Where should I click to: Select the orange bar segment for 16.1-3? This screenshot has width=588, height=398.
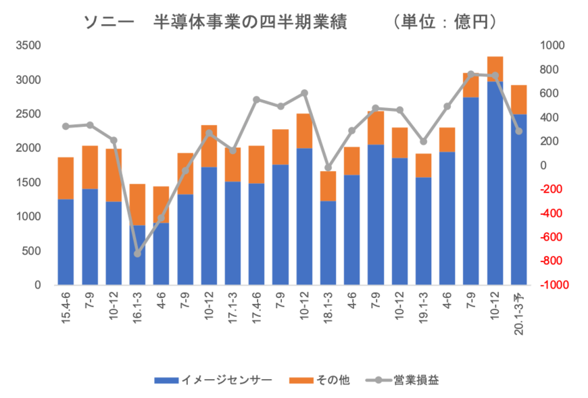point(137,204)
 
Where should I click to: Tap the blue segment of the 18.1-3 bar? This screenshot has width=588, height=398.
point(328,243)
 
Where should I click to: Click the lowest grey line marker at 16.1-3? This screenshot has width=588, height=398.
point(137,253)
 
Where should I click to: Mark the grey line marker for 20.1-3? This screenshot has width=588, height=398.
point(519,131)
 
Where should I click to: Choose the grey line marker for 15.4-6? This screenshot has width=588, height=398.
point(66,126)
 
